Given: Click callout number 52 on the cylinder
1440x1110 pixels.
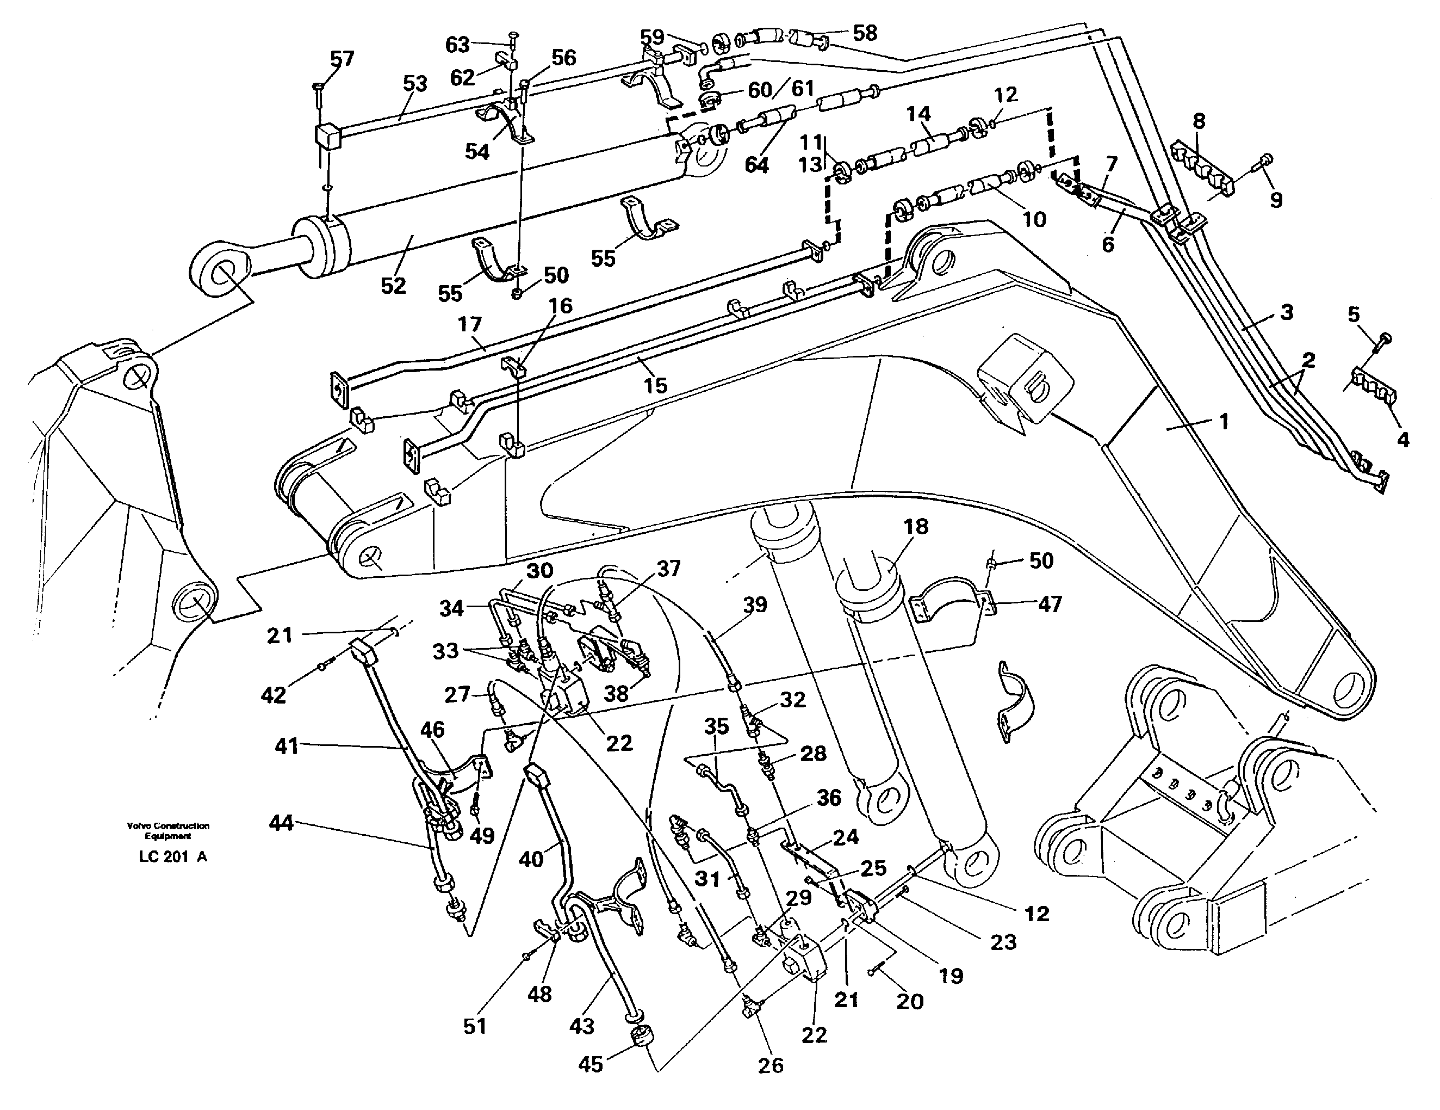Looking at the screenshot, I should pyautogui.click(x=393, y=285).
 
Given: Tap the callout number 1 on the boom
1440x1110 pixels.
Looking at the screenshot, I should pyautogui.click(x=1223, y=421).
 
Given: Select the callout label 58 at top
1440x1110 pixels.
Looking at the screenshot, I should pyautogui.click(x=865, y=33).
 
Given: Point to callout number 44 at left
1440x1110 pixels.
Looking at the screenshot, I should pyautogui.click(x=281, y=823).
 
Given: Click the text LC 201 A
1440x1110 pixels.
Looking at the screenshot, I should pyautogui.click(x=173, y=857).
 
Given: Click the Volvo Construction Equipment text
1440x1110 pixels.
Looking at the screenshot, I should pyautogui.click(x=168, y=830).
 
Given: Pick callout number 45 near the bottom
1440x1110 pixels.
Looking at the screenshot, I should pyautogui.click(x=590, y=1064).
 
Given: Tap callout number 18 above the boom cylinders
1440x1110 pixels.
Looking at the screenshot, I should pyautogui.click(x=916, y=526).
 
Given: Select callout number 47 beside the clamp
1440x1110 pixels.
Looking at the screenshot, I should pyautogui.click(x=1050, y=603).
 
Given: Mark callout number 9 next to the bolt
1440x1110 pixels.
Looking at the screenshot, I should pyautogui.click(x=1276, y=200).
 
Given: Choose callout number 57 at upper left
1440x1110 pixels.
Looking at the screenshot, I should pyautogui.click(x=342, y=59).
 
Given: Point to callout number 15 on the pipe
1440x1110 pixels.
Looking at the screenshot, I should pyautogui.click(x=655, y=385).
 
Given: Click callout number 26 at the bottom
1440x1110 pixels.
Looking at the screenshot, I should pyautogui.click(x=770, y=1064).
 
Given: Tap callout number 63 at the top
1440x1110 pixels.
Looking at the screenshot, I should pyautogui.click(x=457, y=44).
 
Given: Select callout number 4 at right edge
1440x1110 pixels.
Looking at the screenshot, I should pyautogui.click(x=1402, y=439).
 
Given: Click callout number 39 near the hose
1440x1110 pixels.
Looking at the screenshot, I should pyautogui.click(x=755, y=603).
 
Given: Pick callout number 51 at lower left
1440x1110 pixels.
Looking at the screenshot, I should pyautogui.click(x=475, y=1026).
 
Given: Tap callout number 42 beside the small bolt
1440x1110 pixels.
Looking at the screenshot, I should pyautogui.click(x=273, y=694).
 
